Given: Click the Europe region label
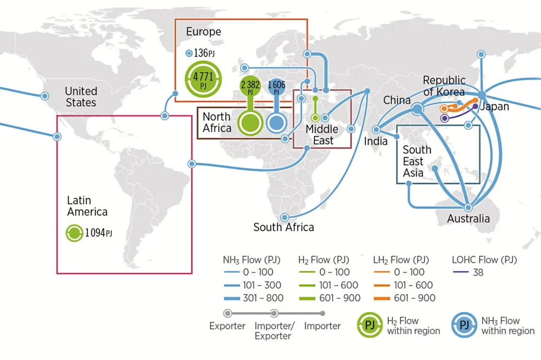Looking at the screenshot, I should click(203, 32).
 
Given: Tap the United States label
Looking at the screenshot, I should click(81, 97).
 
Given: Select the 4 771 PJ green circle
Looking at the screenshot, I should click(203, 80).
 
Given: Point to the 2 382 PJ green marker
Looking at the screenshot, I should click(250, 87).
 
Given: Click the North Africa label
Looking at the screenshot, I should click(216, 122).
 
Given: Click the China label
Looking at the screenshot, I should click(397, 101).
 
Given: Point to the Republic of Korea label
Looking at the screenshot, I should click(444, 86).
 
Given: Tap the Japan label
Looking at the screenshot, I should click(494, 107).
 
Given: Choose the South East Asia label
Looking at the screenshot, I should click(417, 161).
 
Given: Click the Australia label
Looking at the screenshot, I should click(469, 219).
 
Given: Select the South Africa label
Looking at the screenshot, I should click(283, 227).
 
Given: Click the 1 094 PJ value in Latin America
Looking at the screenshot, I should click(98, 233).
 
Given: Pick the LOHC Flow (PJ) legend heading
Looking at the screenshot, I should click(484, 260).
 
